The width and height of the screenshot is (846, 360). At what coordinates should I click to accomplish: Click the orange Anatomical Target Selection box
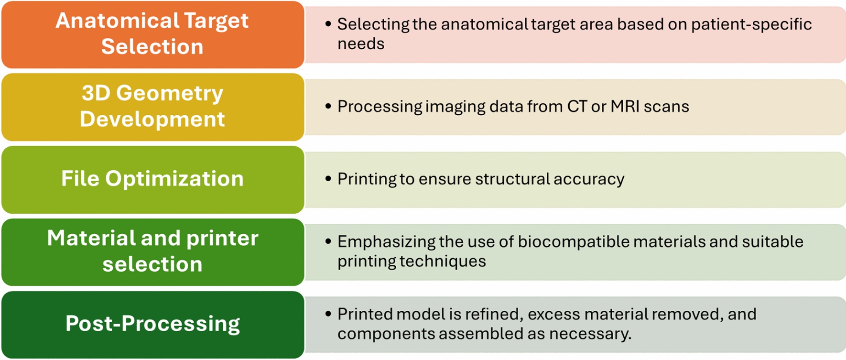[x=152, y=34]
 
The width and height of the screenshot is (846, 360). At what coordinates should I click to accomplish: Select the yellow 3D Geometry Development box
[x=152, y=107]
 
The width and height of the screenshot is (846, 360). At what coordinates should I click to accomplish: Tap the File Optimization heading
[x=152, y=179]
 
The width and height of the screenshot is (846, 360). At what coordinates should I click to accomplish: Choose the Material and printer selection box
[x=152, y=252]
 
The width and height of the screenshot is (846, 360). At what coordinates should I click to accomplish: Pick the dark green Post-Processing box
[x=152, y=325]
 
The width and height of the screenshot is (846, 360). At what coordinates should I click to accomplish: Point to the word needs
[x=361, y=44]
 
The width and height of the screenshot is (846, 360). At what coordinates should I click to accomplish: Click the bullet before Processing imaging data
[x=328, y=106]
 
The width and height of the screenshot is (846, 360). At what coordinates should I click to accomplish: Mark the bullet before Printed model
[x=328, y=314]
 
